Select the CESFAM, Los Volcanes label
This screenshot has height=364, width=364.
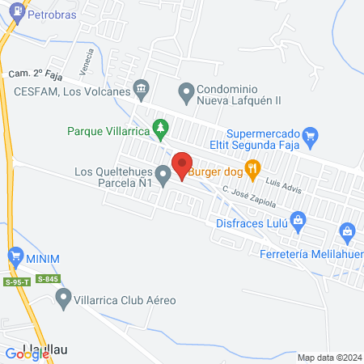tap(72, 91)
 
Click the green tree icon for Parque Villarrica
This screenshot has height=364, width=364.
tap(161, 127)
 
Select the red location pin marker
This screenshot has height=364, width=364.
tap(181, 165)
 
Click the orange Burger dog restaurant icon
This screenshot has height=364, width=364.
tap(253, 168)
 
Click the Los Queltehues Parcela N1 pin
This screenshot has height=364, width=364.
tap(163, 174)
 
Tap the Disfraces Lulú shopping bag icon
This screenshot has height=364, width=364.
tap(298, 219)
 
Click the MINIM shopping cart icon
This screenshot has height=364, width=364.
tap(15, 257)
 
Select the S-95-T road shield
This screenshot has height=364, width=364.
tap(17, 281)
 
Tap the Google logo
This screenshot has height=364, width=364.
tap(26, 353)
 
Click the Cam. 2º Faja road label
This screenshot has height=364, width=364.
tap(36, 74)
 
